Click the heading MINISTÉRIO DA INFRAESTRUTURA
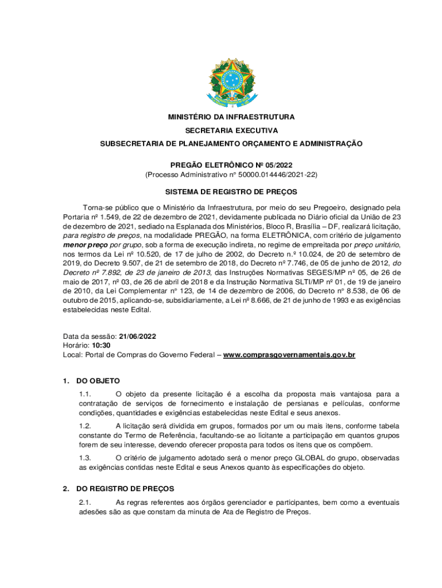pyautogui.click(x=231, y=117)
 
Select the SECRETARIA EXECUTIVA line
pyautogui.click(x=231, y=130)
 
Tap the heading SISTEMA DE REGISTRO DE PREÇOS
pyautogui.click(x=231, y=192)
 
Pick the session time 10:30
pyautogui.click(x=102, y=346)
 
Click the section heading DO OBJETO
pyautogui.click(x=98, y=381)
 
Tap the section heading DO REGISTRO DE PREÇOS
pyautogui.click(x=125, y=489)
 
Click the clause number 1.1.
pyautogui.click(x=85, y=394)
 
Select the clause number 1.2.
pyautogui.click(x=85, y=426)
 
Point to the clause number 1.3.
pyautogui.click(x=85, y=458)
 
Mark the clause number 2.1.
pyautogui.click(x=85, y=502)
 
